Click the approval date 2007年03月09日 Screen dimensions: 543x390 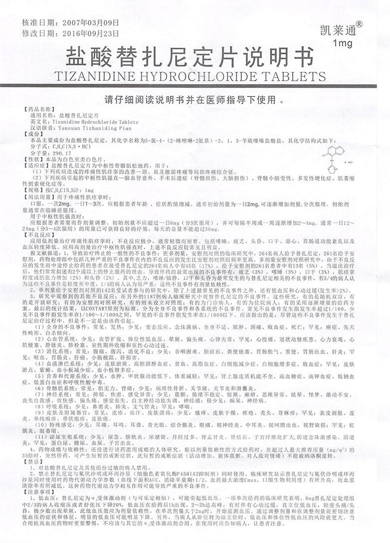(91, 22)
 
